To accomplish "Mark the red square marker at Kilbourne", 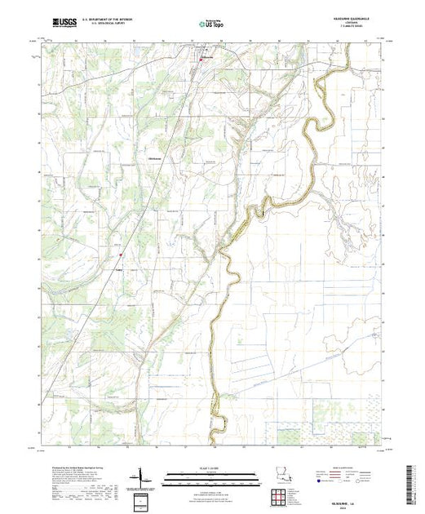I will tap(201, 59).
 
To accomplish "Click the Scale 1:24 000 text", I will tap(211, 467).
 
